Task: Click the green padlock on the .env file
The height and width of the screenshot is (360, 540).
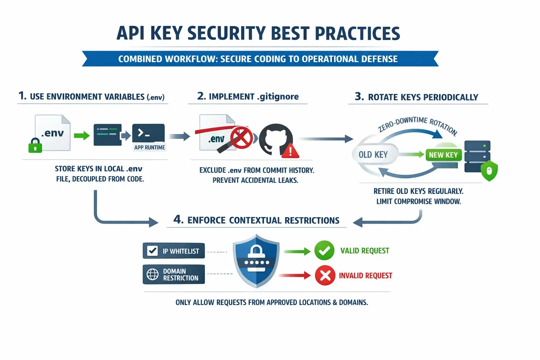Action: (x=35, y=145)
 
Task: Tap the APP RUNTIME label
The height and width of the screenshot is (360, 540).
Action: (x=149, y=147)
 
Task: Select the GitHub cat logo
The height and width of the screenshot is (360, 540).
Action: (x=275, y=139)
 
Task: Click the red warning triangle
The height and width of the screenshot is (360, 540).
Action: (x=290, y=151)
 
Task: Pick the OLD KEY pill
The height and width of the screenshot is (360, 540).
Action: (x=373, y=155)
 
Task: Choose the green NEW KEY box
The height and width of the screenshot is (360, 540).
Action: (x=443, y=155)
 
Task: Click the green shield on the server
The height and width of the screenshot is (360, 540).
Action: (x=489, y=171)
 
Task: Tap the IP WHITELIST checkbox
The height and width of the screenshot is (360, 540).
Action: (x=153, y=251)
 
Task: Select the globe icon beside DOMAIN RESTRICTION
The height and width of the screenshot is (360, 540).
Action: (x=153, y=274)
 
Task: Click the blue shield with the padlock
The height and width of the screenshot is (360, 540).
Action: (x=256, y=261)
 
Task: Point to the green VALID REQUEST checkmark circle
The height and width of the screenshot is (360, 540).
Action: (x=324, y=251)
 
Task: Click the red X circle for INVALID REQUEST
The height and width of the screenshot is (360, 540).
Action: (x=325, y=275)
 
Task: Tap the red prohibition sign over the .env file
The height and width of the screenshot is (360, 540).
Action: (x=242, y=137)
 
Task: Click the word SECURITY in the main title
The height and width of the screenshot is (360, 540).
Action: (x=226, y=34)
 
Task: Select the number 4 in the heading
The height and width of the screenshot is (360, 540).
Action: (x=178, y=219)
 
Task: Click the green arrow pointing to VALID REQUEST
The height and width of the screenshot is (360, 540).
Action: (x=297, y=251)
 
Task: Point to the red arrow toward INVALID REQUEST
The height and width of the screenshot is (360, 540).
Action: (x=295, y=275)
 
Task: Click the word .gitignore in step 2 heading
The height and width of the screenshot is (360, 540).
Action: (x=278, y=97)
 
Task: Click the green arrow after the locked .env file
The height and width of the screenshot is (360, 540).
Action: (x=82, y=135)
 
